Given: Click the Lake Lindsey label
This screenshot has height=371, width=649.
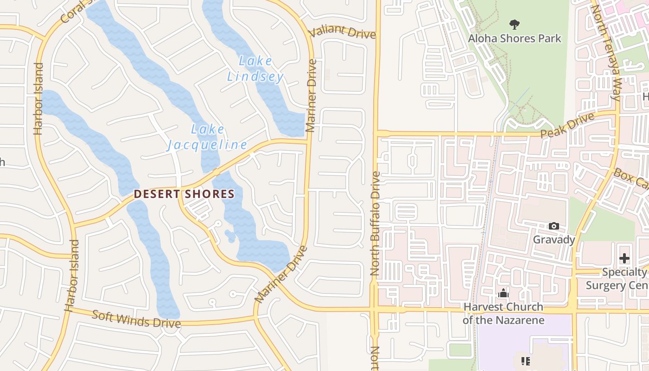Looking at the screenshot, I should coord(255,69).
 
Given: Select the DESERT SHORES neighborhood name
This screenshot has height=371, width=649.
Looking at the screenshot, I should coord(185,194).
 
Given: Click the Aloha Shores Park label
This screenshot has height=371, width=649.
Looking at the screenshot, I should coord(515,38).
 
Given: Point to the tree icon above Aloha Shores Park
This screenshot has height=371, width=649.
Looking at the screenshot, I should coord(514,24).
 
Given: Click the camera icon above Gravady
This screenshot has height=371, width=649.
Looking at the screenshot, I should coord(554,226).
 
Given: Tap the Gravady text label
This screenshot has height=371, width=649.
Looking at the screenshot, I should coord(554,239).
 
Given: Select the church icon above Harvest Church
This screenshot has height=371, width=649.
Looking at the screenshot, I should coord(503,293).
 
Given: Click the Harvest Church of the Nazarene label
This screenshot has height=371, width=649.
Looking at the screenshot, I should coord(503,313).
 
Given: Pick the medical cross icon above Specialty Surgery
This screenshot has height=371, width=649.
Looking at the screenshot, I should coord(624,258).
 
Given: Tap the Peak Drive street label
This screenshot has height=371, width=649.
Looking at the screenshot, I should coord(567,125).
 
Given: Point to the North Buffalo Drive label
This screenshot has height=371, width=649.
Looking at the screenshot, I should coord(375,224).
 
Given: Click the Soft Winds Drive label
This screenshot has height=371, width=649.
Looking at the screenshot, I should coord(136,319).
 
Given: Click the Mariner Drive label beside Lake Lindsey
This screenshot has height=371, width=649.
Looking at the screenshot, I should coord(311,95).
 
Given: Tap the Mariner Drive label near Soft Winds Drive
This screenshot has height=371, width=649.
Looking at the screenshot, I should coord(281,275).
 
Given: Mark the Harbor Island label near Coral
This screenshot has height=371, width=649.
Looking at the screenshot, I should coord(38,98).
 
